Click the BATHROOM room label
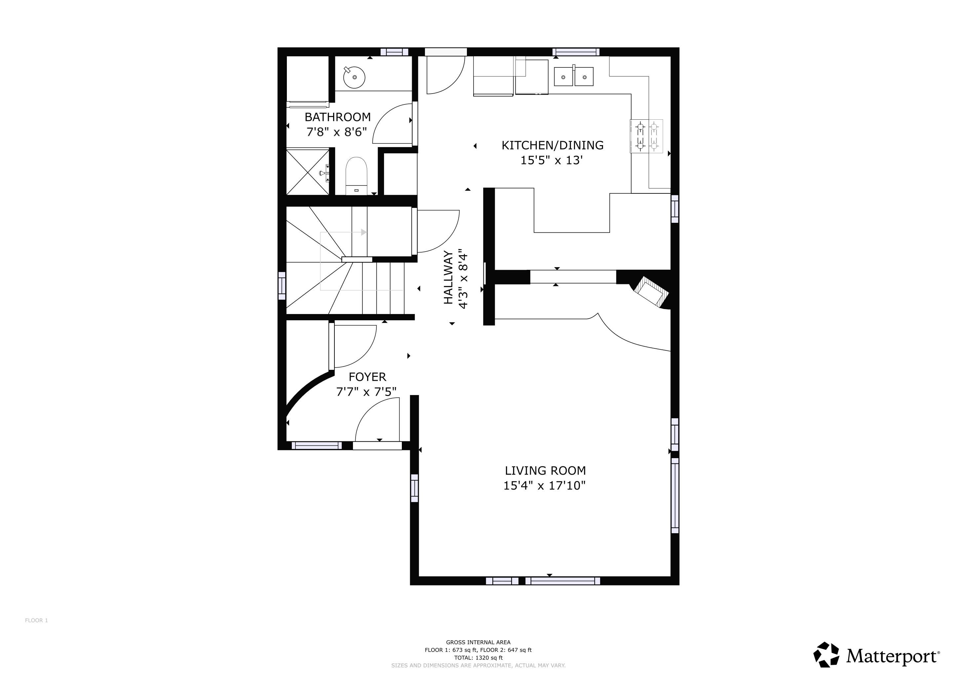pyautogui.click(x=338, y=117)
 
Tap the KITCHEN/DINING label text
pyautogui.click(x=552, y=145)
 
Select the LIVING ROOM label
pyautogui.click(x=545, y=471)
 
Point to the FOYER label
pyautogui.click(x=367, y=377)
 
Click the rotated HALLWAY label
pyautogui.click(x=448, y=277)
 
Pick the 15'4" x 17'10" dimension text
pyautogui.click(x=544, y=486)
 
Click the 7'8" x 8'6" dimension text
pyautogui.click(x=337, y=132)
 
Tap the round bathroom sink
pyautogui.click(x=354, y=77)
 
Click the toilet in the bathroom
pyautogui.click(x=356, y=176)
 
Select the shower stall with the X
pyautogui.click(x=308, y=172)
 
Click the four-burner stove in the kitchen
pyautogui.click(x=646, y=136)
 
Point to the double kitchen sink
pyautogui.click(x=574, y=76)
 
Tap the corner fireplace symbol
pyautogui.click(x=651, y=292)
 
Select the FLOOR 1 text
pyautogui.click(x=36, y=620)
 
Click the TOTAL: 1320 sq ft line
pyautogui.click(x=478, y=658)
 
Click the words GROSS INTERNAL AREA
pyautogui.click(x=478, y=642)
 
